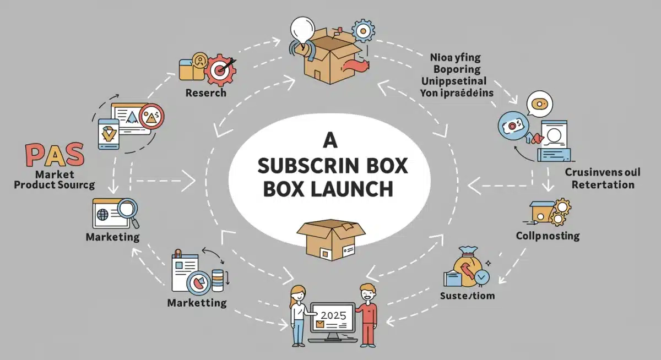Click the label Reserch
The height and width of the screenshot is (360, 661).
click(205, 92)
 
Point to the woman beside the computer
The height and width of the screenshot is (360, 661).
click(299, 314)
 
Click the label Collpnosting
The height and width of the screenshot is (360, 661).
click(548, 236)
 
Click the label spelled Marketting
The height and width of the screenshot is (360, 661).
click(197, 303)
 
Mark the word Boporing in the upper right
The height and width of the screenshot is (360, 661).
click(448, 69)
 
